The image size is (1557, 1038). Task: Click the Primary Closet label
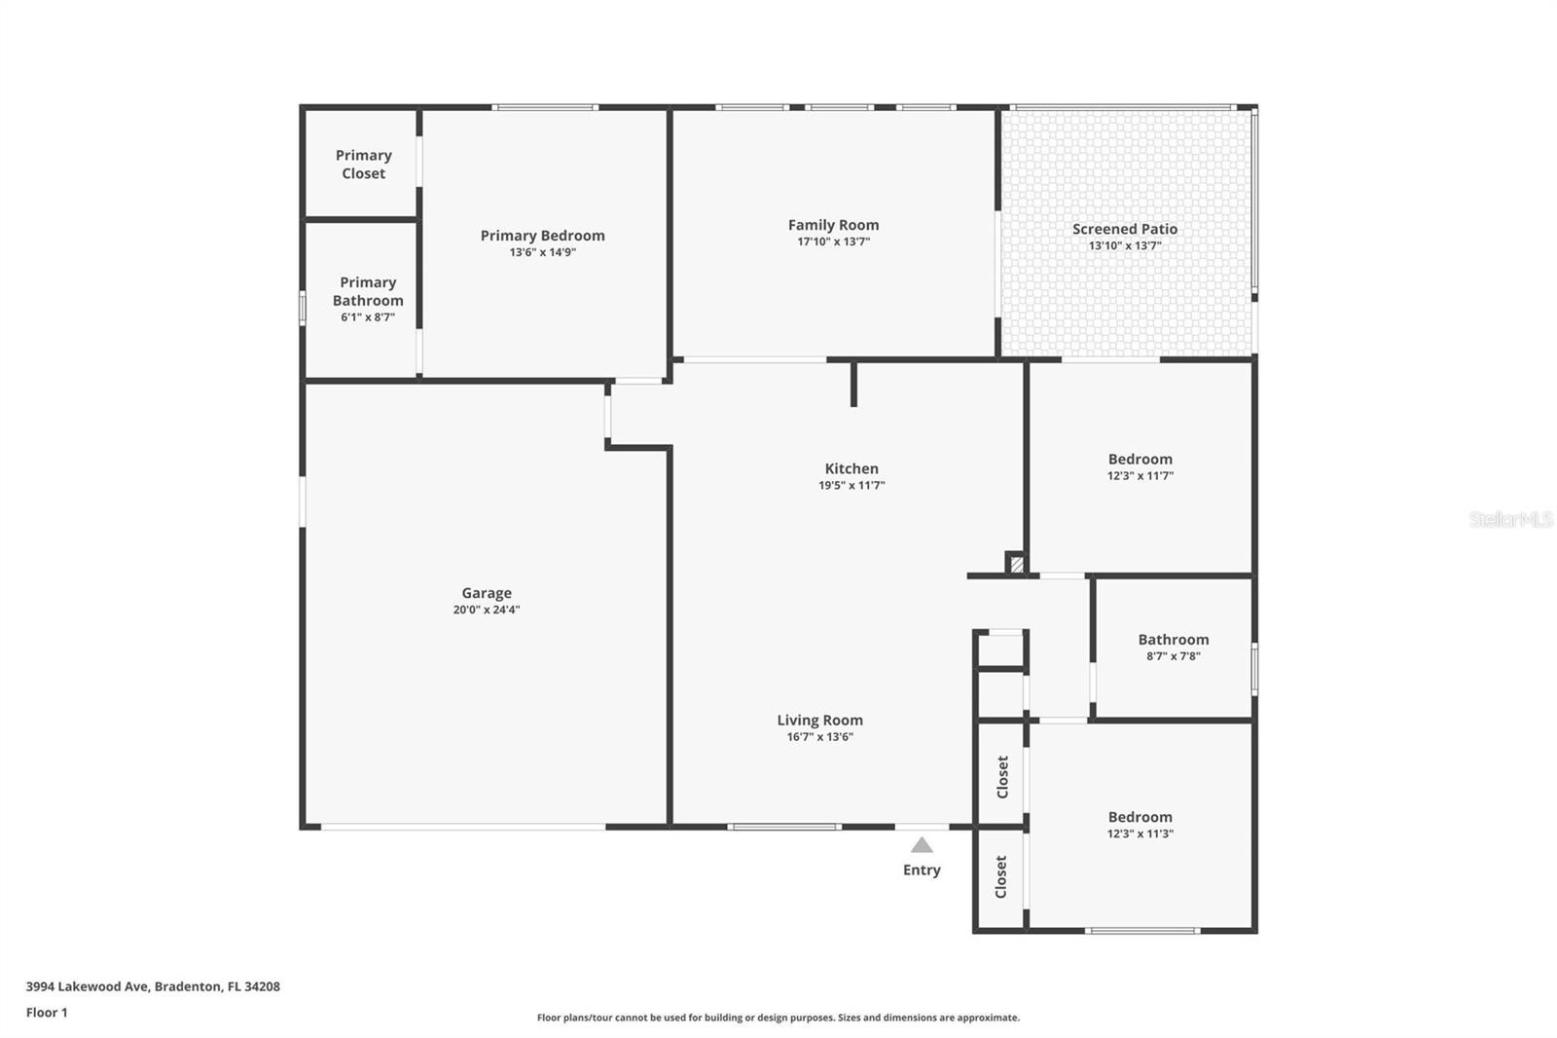pos(364,165)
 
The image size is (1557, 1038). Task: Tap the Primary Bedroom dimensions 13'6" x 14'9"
pos(543,252)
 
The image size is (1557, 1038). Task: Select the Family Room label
pos(833,225)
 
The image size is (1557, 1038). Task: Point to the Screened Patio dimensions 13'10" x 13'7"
pos(1125,245)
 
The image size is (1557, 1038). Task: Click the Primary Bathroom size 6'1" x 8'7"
pos(368,317)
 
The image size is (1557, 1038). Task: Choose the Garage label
pos(487,593)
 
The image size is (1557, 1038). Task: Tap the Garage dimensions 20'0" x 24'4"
pos(487,611)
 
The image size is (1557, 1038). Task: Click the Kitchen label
pos(851,468)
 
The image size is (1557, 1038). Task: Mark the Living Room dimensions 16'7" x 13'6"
pos(820,737)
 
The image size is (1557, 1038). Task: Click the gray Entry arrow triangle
pos(922,845)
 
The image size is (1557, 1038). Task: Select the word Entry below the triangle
pos(922,871)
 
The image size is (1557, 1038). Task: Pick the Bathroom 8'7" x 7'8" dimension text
pos(1174,656)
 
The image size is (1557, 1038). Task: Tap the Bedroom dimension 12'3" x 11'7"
pos(1140,476)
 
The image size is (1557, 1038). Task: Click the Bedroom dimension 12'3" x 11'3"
pos(1140,834)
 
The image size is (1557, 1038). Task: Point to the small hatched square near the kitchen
pos(1017,564)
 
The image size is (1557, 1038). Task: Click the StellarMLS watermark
pos(1510,519)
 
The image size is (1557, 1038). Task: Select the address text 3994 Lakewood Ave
pos(88,986)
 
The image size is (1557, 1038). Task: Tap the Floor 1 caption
pos(47,1013)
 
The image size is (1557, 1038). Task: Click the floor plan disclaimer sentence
pos(778,1018)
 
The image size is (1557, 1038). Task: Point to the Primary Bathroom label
pos(368,291)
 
